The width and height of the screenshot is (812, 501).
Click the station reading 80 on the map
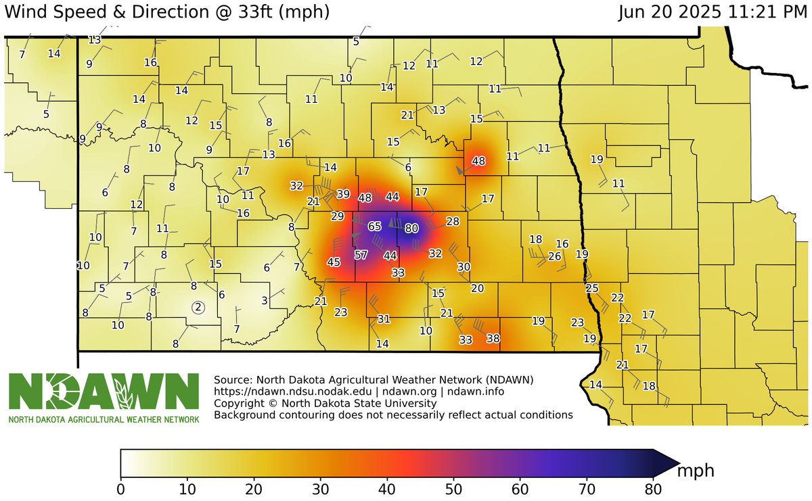(x=411, y=228)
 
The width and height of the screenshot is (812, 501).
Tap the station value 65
(x=375, y=226)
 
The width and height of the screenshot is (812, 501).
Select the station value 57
(x=361, y=255)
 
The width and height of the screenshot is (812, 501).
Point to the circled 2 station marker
(x=198, y=307)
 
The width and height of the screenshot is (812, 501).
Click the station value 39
(x=343, y=194)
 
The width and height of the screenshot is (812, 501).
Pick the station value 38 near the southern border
(x=493, y=338)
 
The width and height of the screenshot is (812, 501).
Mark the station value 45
(x=334, y=262)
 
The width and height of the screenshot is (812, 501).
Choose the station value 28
(x=453, y=221)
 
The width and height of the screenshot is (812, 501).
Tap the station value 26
(x=554, y=256)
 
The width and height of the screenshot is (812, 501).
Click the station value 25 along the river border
(x=592, y=289)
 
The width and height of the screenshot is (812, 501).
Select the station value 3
(x=265, y=300)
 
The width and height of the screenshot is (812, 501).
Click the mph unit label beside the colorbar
(x=696, y=469)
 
